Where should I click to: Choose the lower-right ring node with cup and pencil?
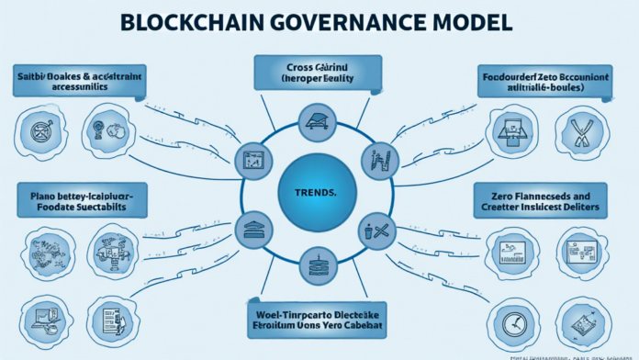pyautogui.click(x=376, y=231)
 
